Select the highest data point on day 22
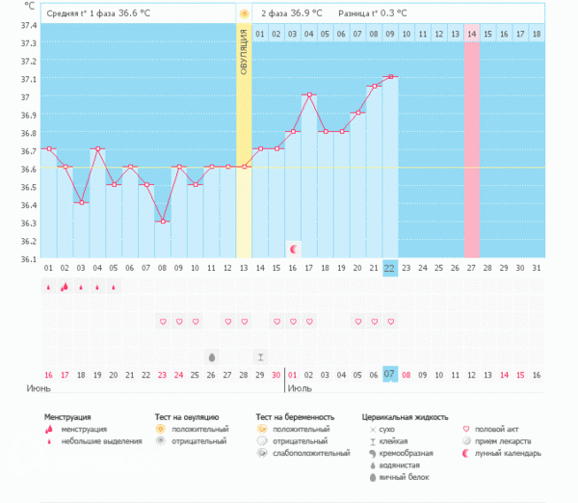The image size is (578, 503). (389, 77)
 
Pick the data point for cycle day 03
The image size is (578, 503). (81, 202)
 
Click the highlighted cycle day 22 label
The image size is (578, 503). (389, 268)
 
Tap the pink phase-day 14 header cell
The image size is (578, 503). (471, 35)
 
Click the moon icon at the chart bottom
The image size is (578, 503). (294, 249)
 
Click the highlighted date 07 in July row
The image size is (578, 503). (389, 374)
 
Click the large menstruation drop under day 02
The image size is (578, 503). (65, 286)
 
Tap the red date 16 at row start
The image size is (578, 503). (48, 374)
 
